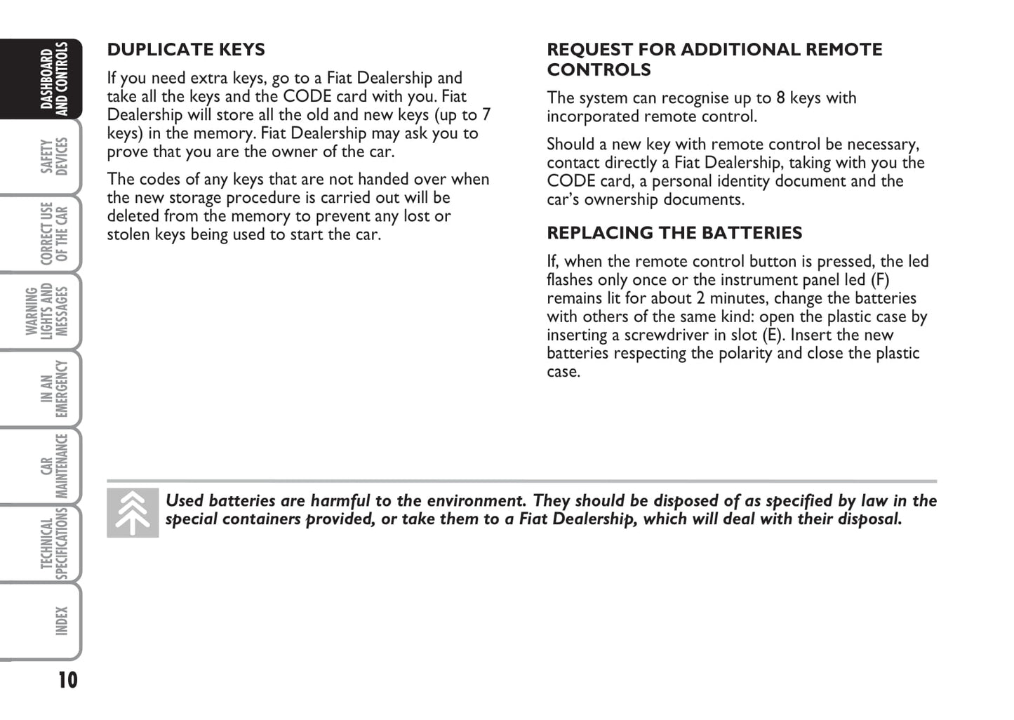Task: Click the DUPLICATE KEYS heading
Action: tap(186, 50)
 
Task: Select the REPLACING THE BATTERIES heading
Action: tap(674, 233)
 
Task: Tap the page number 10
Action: tap(67, 680)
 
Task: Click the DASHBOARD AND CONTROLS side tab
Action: tap(53, 78)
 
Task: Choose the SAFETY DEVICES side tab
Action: tap(53, 156)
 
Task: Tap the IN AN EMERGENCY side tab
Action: tap(53, 388)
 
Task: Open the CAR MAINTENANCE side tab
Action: tap(53, 465)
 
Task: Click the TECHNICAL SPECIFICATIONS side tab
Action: tap(53, 543)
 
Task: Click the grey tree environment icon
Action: tap(133, 513)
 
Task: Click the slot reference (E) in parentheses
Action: tap(772, 335)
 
